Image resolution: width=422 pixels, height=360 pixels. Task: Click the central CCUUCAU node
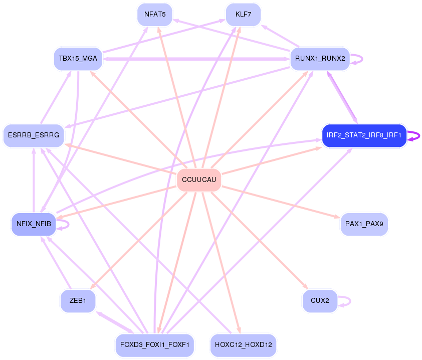point(199,180)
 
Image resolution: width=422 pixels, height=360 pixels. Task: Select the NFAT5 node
point(155,15)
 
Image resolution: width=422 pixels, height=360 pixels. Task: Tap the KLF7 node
point(243,15)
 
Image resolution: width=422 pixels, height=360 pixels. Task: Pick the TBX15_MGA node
point(78,59)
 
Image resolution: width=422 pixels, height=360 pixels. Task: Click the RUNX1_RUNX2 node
point(320,59)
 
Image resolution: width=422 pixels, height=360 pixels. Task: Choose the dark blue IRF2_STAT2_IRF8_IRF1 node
point(363,136)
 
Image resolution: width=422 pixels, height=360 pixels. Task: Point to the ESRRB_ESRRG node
point(34,136)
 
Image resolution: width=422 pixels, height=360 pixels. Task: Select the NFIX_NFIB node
point(33,224)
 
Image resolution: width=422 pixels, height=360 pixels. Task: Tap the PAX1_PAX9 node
point(364,224)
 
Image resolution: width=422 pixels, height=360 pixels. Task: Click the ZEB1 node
point(78,301)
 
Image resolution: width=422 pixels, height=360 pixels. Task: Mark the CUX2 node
point(320,301)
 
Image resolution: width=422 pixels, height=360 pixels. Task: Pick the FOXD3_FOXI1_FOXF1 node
point(154,345)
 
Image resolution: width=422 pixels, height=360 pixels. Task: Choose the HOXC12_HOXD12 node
point(243,345)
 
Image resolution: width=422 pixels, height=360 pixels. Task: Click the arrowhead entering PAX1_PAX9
point(336,217)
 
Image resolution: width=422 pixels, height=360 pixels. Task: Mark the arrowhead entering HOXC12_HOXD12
point(239,330)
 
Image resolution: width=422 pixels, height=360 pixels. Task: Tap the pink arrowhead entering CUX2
point(307,287)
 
